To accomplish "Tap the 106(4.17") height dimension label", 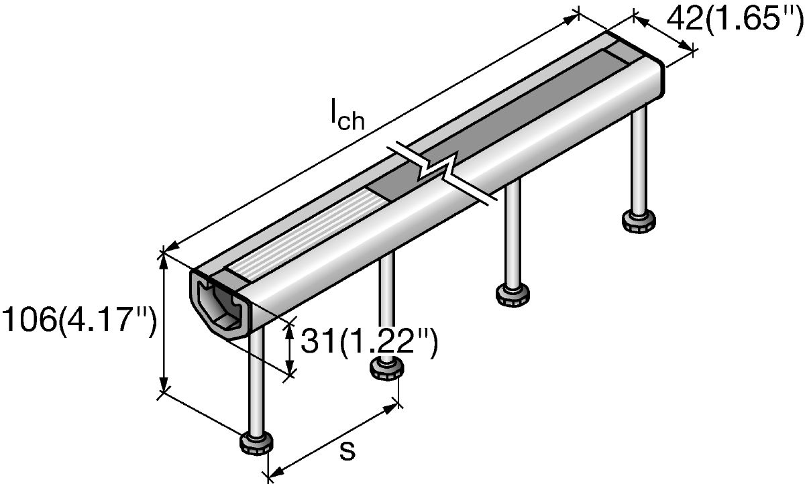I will tap(79, 321).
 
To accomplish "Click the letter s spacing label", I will tap(347, 452).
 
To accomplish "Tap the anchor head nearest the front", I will tap(256, 442).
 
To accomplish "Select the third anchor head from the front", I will tap(513, 295).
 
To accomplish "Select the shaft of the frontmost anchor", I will tap(256, 382).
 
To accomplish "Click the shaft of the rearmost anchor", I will tap(639, 161).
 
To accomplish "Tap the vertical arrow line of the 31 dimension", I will tap(290, 349).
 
